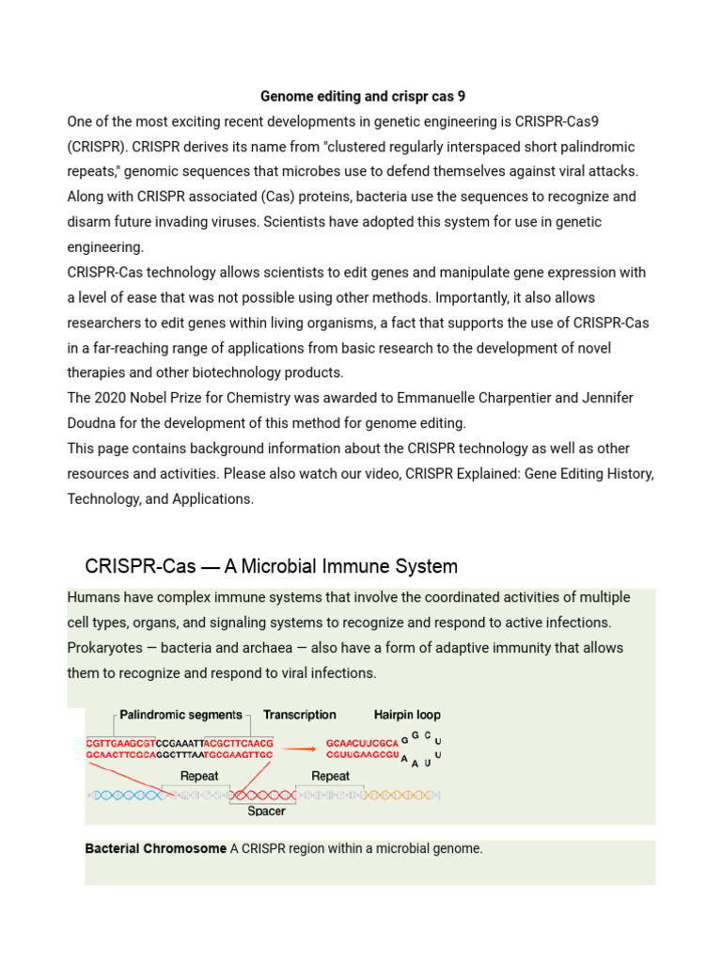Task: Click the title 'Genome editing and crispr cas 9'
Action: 362,96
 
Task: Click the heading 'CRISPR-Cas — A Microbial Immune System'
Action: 271,566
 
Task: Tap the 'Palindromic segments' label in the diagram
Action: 180,715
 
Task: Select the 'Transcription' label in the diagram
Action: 299,715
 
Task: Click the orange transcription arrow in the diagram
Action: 299,750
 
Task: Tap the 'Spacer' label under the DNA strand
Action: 266,811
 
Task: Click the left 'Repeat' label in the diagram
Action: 198,776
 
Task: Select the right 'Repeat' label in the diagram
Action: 330,776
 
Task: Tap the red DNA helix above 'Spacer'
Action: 265,795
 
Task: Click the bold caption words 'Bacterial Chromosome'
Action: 155,848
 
